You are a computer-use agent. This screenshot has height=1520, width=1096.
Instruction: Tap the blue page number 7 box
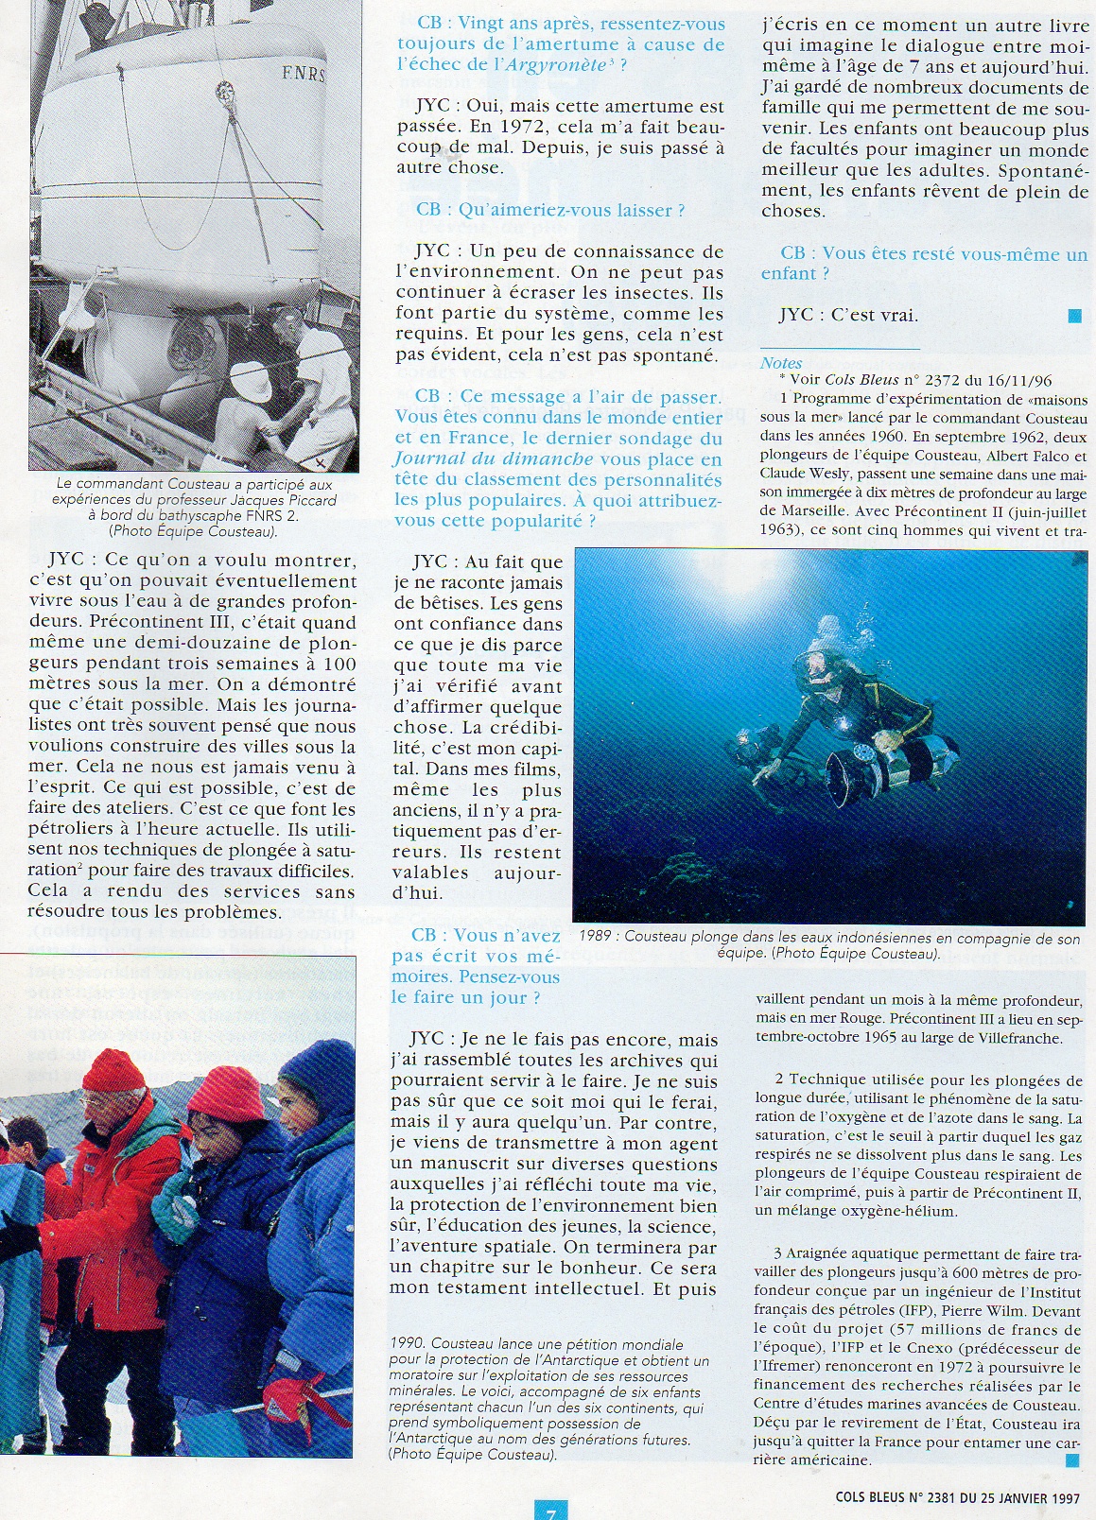[x=549, y=1511]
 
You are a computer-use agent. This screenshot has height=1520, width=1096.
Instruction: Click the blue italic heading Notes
[x=780, y=363]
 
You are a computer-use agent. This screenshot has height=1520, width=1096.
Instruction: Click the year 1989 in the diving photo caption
[x=600, y=939]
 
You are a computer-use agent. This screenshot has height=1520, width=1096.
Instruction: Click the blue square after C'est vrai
[x=1073, y=317]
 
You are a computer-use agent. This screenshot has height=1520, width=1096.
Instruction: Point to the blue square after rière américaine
[x=1071, y=1460]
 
